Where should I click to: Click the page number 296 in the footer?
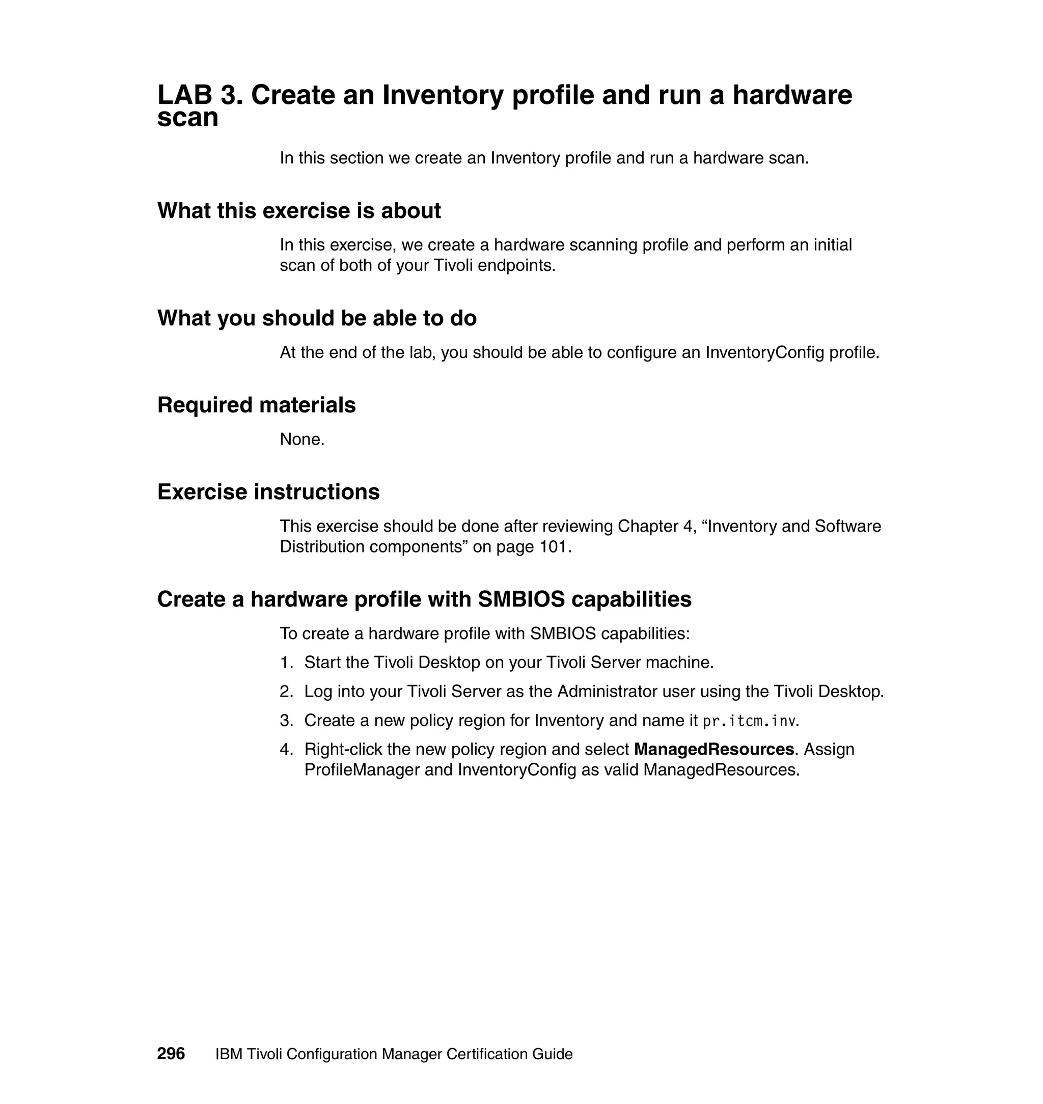pos(171,1054)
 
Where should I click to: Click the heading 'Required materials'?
pos(256,405)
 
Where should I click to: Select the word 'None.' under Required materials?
pos(302,439)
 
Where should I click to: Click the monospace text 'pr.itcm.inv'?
pos(749,721)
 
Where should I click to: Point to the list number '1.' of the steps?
pos(286,663)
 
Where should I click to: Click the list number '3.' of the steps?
pos(286,721)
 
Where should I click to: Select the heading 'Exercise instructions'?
pos(268,491)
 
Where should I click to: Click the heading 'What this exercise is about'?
pos(299,211)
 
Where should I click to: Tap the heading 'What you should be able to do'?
pos(317,318)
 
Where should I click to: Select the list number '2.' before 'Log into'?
pos(286,692)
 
